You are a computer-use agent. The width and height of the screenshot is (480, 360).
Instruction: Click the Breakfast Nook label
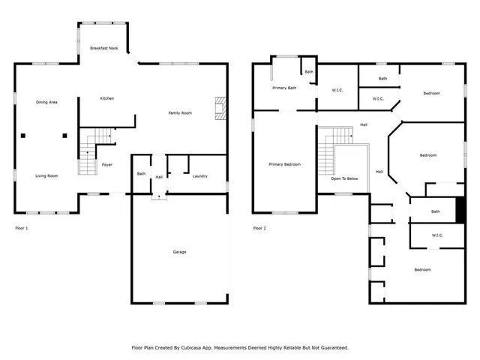coord(104,48)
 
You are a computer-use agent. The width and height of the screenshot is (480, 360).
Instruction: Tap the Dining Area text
coord(47,102)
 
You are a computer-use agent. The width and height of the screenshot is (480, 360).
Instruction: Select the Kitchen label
coord(107,98)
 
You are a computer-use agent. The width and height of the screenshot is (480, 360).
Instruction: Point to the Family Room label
coord(180,112)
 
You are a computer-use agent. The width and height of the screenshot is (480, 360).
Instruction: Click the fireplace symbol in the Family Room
coord(220,108)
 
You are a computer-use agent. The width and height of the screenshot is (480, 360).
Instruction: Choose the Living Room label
coord(46,175)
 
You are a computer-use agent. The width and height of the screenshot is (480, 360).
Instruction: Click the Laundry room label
coord(199,176)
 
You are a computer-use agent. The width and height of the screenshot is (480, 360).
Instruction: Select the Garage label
coord(179,252)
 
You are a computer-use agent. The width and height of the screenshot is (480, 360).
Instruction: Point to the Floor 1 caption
coord(22,227)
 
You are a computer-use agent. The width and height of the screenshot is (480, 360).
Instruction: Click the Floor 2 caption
coord(259,227)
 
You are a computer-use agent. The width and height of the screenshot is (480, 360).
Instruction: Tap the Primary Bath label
coord(284,88)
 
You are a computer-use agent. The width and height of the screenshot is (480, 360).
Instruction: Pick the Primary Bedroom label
coord(285,163)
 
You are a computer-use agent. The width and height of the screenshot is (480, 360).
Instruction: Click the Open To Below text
coord(344,179)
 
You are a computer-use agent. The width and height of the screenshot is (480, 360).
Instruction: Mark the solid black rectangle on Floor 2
coord(460,209)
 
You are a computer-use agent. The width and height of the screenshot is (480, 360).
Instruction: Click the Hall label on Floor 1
coord(159,178)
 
